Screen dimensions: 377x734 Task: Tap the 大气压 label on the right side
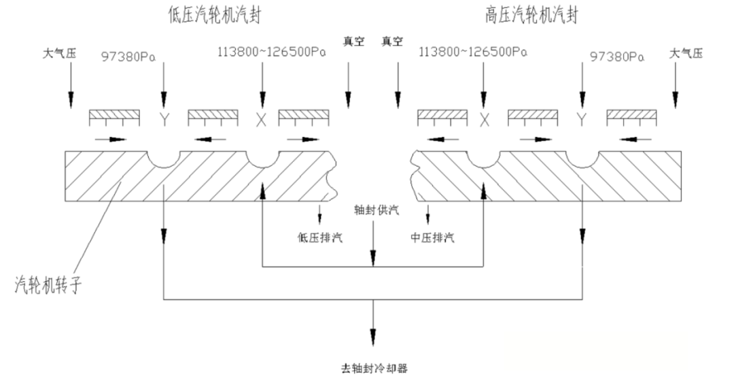(687, 52)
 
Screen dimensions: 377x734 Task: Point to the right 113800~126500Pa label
(474, 51)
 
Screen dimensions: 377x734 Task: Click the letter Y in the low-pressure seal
(163, 120)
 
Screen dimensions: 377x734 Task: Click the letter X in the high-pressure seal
(484, 120)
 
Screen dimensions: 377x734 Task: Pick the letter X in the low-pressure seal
(260, 120)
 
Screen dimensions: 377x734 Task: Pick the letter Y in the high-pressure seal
(582, 120)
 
